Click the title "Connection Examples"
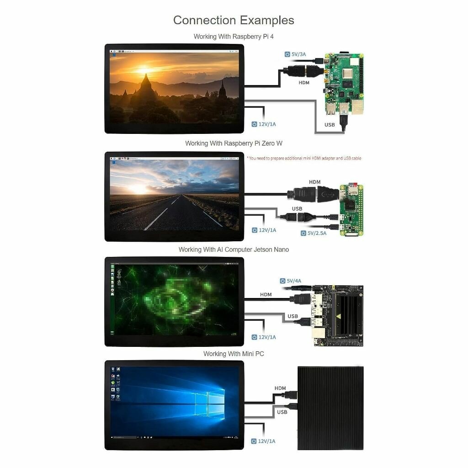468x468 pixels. click(234, 21)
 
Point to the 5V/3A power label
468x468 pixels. click(298, 54)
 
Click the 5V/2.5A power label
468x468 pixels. click(316, 233)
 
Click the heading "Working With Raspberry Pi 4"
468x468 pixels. click(234, 37)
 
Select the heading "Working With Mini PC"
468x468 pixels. click(234, 354)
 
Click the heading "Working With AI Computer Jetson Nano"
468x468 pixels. click(234, 250)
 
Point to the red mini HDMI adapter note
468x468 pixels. click(304, 158)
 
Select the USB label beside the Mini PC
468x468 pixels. click(282, 412)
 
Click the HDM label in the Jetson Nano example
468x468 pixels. click(266, 295)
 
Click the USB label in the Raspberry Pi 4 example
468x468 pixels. click(330, 125)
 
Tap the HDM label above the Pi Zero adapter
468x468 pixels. click(315, 182)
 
